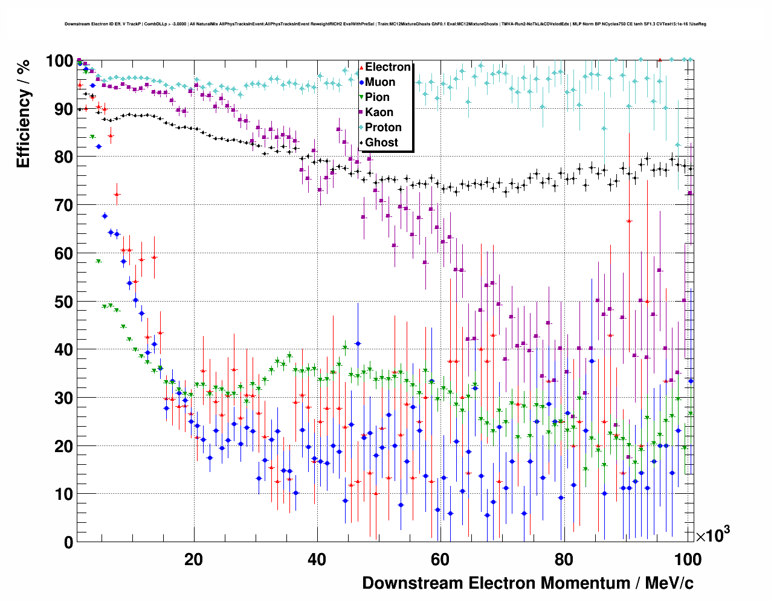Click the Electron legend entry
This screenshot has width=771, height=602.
click(x=387, y=67)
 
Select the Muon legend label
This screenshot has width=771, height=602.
click(x=380, y=82)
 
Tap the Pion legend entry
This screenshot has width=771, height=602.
click(x=377, y=97)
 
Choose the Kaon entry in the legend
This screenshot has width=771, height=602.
click(x=379, y=112)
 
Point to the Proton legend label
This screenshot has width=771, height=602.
click(x=383, y=128)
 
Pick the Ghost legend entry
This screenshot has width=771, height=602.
click(x=381, y=143)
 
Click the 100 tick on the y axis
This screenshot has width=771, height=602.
click(x=59, y=61)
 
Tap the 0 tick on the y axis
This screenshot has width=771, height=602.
click(x=68, y=542)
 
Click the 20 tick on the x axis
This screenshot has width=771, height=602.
click(x=194, y=560)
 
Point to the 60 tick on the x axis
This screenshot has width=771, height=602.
click(x=440, y=560)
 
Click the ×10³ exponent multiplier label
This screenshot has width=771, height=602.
click(x=712, y=535)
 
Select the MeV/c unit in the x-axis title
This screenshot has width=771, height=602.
click(x=669, y=583)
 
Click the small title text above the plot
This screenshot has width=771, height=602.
click(x=385, y=24)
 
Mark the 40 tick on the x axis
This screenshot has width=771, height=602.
click(x=317, y=560)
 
